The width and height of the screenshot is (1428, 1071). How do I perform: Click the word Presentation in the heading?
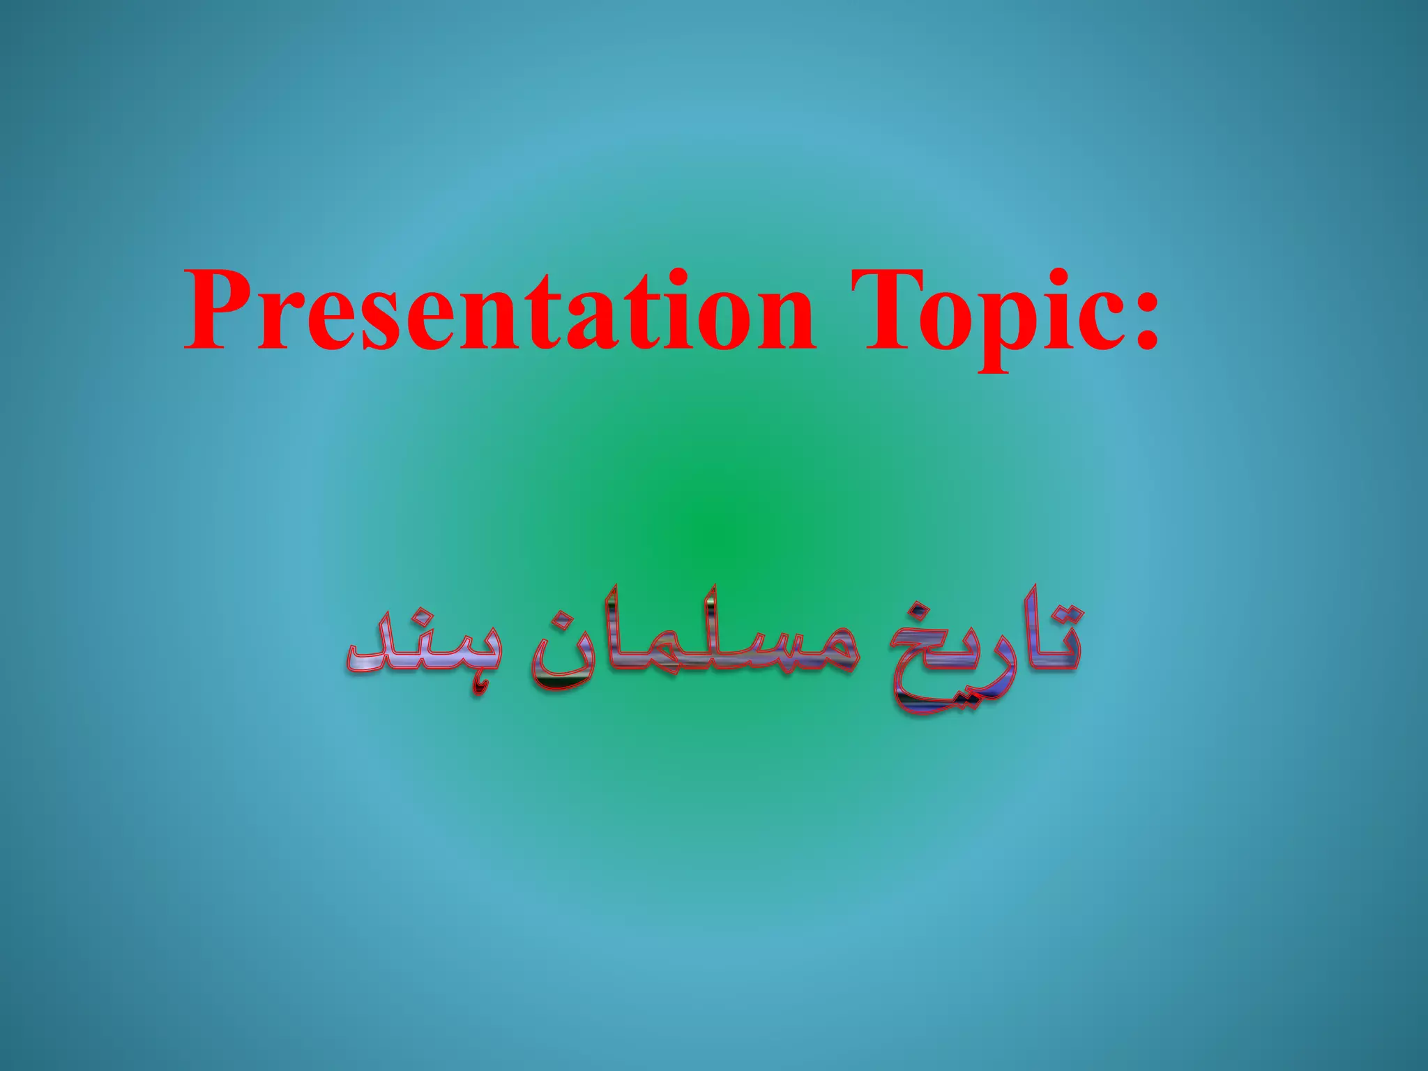tap(499, 311)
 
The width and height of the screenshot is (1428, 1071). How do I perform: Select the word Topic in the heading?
tap(1004, 312)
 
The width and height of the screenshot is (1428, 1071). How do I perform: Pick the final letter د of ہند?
tap(370, 652)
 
